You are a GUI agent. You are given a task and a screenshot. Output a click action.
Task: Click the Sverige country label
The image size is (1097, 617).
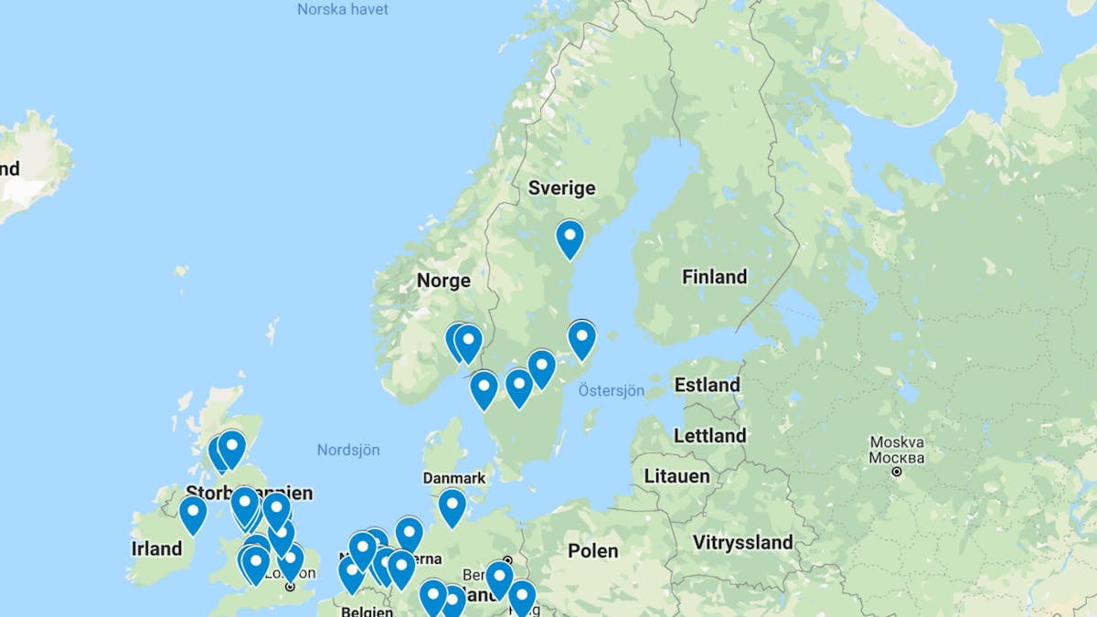pyautogui.click(x=561, y=188)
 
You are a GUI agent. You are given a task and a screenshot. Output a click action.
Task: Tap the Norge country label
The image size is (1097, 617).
pyautogui.click(x=443, y=281)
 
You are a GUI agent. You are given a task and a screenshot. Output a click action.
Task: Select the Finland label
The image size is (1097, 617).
pyautogui.click(x=714, y=276)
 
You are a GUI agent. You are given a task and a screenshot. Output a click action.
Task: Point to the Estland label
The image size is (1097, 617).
pyautogui.click(x=707, y=385)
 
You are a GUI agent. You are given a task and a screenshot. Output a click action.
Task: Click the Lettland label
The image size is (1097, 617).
pyautogui.click(x=709, y=436)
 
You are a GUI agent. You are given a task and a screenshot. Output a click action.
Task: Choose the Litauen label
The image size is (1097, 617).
pyautogui.click(x=676, y=476)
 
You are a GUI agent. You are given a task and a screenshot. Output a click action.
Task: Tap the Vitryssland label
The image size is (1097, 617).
pyautogui.click(x=742, y=542)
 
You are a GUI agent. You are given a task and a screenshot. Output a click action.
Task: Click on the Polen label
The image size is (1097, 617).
pyautogui.click(x=592, y=550)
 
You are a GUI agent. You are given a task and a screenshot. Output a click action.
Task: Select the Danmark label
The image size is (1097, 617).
pyautogui.click(x=454, y=478)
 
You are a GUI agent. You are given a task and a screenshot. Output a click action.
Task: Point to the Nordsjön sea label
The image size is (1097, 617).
pyautogui.click(x=347, y=450)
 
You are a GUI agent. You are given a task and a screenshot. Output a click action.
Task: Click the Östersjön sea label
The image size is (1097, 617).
pyautogui.click(x=611, y=391)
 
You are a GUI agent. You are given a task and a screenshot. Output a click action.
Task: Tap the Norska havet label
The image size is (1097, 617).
pyautogui.click(x=343, y=9)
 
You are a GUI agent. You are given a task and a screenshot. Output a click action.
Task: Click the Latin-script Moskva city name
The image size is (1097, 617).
pyautogui.click(x=896, y=442)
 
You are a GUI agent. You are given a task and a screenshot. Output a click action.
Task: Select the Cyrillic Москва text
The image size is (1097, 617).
pyautogui.click(x=896, y=457)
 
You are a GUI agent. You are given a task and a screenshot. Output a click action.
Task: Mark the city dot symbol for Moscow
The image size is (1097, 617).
pyautogui.click(x=897, y=472)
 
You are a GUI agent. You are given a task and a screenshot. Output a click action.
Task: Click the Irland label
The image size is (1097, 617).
pyautogui.click(x=156, y=548)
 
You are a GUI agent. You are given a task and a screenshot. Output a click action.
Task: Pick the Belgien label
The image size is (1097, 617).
pyautogui.click(x=367, y=611)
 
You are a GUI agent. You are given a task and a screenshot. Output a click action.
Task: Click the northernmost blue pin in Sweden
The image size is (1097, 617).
pyautogui.click(x=570, y=238)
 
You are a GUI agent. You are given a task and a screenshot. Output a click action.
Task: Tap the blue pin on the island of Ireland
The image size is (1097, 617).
pyautogui.click(x=193, y=513)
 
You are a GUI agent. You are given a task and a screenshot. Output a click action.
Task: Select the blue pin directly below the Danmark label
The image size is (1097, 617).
pyautogui.click(x=452, y=506)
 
